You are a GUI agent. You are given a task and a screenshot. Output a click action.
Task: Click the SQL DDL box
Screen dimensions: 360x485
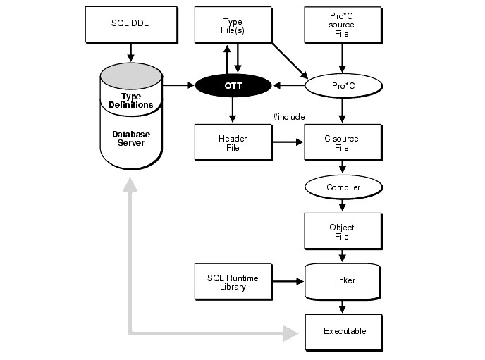click(130, 23)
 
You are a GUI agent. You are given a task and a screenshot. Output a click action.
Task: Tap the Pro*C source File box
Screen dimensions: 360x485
click(342, 25)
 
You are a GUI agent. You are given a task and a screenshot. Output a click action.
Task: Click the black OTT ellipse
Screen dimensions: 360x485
click(233, 86)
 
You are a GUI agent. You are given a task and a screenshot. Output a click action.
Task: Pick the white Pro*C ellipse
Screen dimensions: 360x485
click(342, 86)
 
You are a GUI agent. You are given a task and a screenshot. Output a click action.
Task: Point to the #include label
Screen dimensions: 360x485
click(288, 117)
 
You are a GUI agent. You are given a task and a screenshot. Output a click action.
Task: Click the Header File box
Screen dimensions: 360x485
click(232, 143)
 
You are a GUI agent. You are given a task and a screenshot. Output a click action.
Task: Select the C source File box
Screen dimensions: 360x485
click(342, 143)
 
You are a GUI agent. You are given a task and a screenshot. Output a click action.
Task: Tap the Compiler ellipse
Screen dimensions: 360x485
click(343, 187)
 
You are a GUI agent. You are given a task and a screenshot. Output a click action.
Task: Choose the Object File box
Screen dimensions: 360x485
click(342, 232)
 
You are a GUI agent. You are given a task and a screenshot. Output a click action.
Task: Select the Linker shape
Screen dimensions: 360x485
click(343, 280)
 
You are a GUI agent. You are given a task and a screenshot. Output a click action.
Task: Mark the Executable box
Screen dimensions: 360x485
click(344, 331)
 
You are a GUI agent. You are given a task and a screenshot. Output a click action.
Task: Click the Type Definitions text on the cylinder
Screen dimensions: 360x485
click(130, 101)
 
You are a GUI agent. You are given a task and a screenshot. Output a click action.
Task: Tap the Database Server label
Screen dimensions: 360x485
click(130, 138)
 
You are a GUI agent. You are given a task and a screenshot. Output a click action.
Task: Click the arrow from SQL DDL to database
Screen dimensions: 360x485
click(130, 51)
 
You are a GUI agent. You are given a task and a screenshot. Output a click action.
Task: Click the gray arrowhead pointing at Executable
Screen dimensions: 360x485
click(291, 332)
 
